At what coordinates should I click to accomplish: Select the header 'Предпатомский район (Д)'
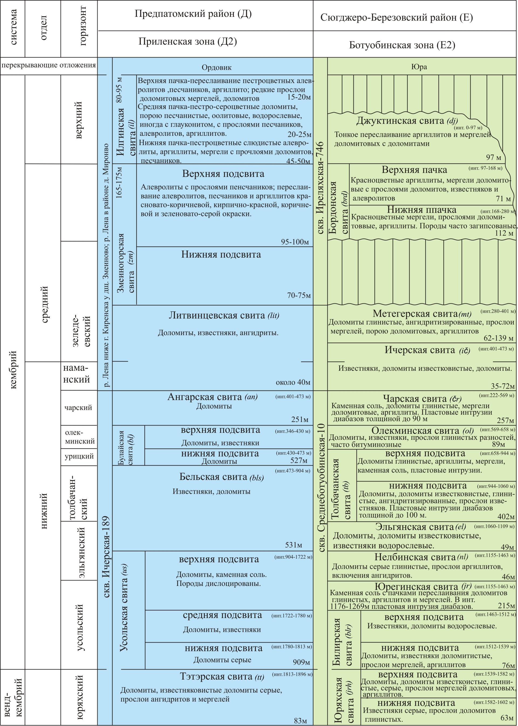coord(193,14)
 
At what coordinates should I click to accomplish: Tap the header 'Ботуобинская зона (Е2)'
coord(402,45)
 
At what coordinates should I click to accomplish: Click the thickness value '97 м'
coord(493,157)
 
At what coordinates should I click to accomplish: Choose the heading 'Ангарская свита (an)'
coord(212,397)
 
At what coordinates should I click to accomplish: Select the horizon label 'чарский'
coord(78,407)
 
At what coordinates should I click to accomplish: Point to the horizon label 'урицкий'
coord(79,456)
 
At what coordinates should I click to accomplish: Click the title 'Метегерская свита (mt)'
coord(422,314)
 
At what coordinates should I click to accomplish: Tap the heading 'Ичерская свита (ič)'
coord(427,350)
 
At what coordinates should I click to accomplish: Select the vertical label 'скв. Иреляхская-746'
coord(320,188)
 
